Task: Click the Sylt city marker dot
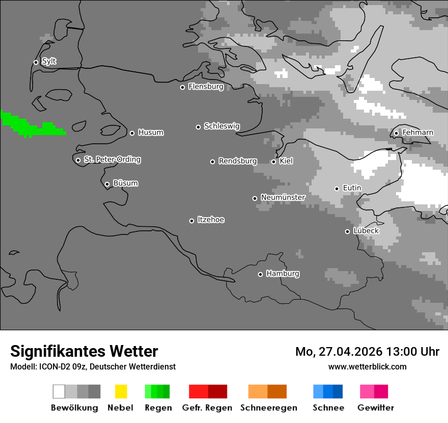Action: [36, 62]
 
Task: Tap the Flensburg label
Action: [206, 87]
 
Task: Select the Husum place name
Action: [151, 133]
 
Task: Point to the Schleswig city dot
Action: [198, 127]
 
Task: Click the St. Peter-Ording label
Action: [112, 160]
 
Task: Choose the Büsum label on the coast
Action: [125, 183]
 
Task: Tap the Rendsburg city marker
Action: [212, 162]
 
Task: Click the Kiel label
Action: [286, 161]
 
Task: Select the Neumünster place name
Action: [283, 197]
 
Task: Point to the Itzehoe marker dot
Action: [191, 221]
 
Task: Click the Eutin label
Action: [352, 188]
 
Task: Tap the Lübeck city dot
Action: [347, 231]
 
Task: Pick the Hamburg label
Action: [283, 274]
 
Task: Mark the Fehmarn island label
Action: [417, 133]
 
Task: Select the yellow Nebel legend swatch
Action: [121, 391]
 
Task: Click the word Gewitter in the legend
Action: [375, 408]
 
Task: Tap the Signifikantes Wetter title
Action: [84, 351]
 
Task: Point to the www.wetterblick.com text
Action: [367, 366]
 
